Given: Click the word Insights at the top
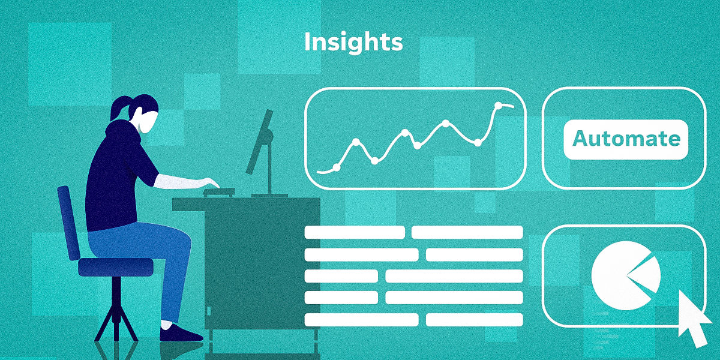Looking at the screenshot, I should tap(353, 43).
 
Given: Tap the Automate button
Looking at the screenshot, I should tap(626, 139).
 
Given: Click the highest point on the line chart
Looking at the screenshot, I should tap(498, 106).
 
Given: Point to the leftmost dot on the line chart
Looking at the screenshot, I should tap(336, 167).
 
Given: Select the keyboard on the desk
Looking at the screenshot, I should tap(219, 192).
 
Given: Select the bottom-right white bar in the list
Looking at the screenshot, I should tap(474, 319).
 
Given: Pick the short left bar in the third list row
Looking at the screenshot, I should tap(341, 276).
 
